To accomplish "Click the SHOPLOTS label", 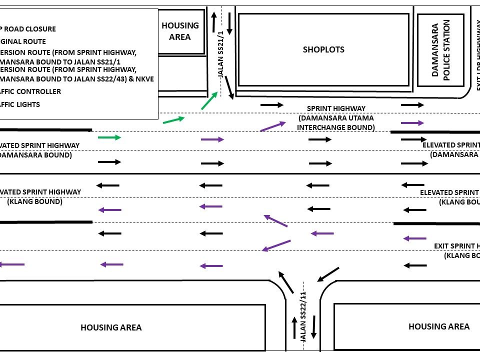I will point(323,49).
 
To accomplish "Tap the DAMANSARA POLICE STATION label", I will point(441,50).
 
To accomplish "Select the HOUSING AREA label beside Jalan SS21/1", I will point(180,31).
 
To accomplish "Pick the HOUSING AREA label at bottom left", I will point(111,327).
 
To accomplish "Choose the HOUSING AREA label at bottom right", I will point(438,326).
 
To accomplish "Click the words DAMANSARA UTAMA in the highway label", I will point(336,118).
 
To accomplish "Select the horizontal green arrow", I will point(109,137).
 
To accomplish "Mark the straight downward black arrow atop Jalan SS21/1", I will point(229,24).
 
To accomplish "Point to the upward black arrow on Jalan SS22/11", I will point(294,327).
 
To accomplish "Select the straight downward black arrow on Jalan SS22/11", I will point(314,327).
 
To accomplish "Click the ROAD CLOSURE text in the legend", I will point(30,29).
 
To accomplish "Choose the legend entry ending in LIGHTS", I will point(20,104).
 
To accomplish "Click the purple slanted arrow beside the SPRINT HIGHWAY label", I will point(273,126).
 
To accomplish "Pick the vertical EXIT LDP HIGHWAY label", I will point(477,55).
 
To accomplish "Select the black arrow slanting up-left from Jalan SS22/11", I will point(285,282).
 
